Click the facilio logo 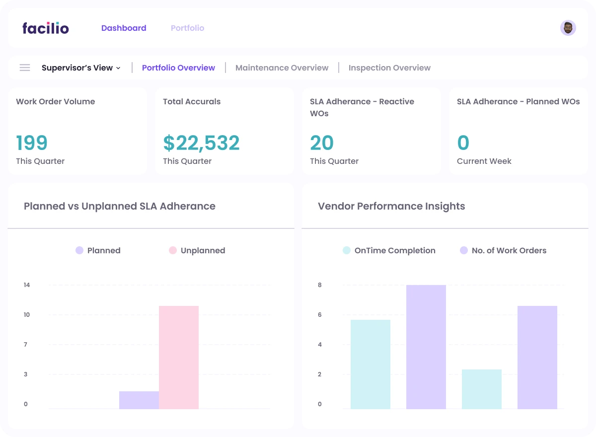click(x=46, y=28)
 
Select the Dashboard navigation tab click(x=124, y=28)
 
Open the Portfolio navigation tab click(x=187, y=28)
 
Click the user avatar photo click(x=568, y=28)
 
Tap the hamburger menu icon click(x=25, y=68)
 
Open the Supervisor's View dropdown click(x=81, y=68)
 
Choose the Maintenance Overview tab click(x=282, y=68)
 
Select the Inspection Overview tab click(x=389, y=68)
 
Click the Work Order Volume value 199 click(x=32, y=143)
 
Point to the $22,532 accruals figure click(x=201, y=143)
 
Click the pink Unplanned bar click(x=179, y=357)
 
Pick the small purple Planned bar click(x=139, y=400)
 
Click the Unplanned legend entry click(x=197, y=250)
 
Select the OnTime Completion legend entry click(x=389, y=250)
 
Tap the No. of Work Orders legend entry click(x=503, y=250)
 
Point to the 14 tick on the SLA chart click(x=27, y=285)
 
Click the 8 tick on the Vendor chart click(x=320, y=285)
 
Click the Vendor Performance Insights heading click(x=391, y=206)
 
